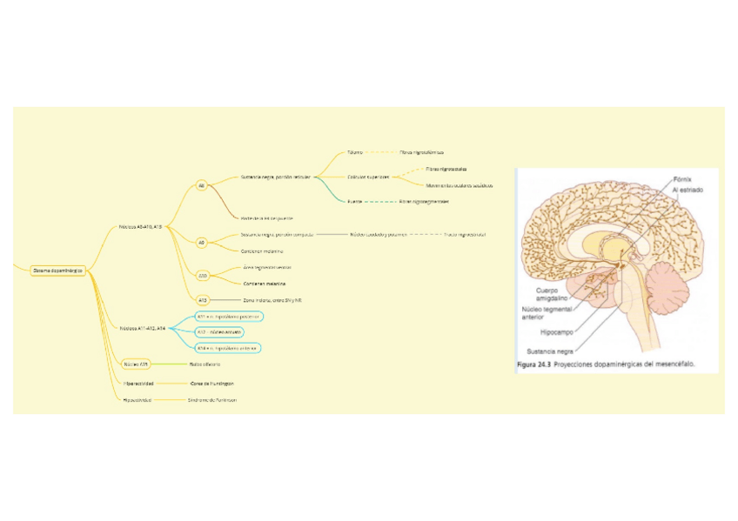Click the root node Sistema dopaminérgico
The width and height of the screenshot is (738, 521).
[x=57, y=271]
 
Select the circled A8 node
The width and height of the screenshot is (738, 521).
[x=201, y=185]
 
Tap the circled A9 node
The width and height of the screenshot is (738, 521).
[x=201, y=243]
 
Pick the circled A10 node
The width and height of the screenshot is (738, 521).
[x=202, y=276]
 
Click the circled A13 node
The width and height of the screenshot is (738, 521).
[x=202, y=300]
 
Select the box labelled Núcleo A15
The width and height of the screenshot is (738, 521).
[x=135, y=364]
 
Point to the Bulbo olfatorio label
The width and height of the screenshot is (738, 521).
[x=205, y=364]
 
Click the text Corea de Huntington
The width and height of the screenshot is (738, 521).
[x=211, y=383]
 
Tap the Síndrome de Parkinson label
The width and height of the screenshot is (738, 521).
[x=212, y=400]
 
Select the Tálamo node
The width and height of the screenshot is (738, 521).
[x=354, y=152]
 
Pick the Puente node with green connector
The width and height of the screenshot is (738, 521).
[x=354, y=201]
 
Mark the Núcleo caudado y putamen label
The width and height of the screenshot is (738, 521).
[x=379, y=234]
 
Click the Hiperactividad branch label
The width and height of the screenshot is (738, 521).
[x=138, y=383]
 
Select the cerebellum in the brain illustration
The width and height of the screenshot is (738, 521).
[x=671, y=288]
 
